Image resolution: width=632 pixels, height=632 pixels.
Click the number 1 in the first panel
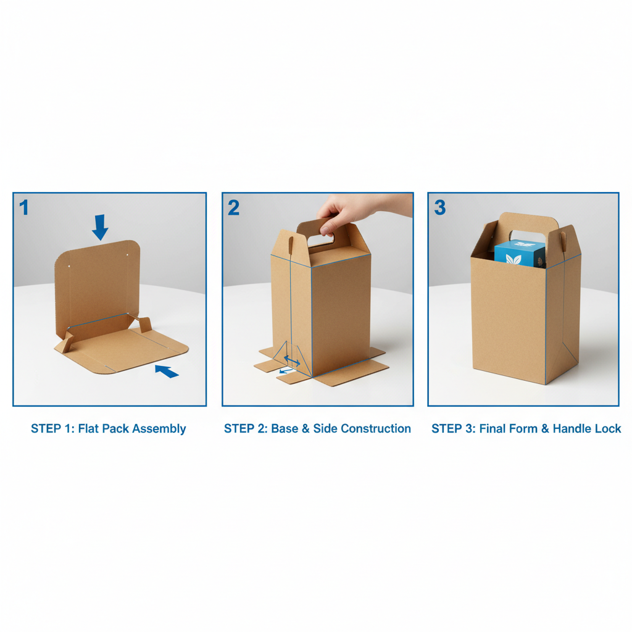[x=24, y=207]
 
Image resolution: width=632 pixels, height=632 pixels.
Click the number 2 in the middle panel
[x=233, y=207]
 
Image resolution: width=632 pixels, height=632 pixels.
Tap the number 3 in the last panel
[x=439, y=207]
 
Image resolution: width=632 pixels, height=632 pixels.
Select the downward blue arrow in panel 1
[x=100, y=227]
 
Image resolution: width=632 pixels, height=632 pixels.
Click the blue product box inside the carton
[x=520, y=254]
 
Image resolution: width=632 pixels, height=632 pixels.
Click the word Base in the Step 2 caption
[x=285, y=428]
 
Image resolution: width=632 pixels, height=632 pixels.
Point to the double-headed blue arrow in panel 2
[x=291, y=360]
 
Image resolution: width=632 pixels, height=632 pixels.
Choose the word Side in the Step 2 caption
[x=325, y=428]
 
